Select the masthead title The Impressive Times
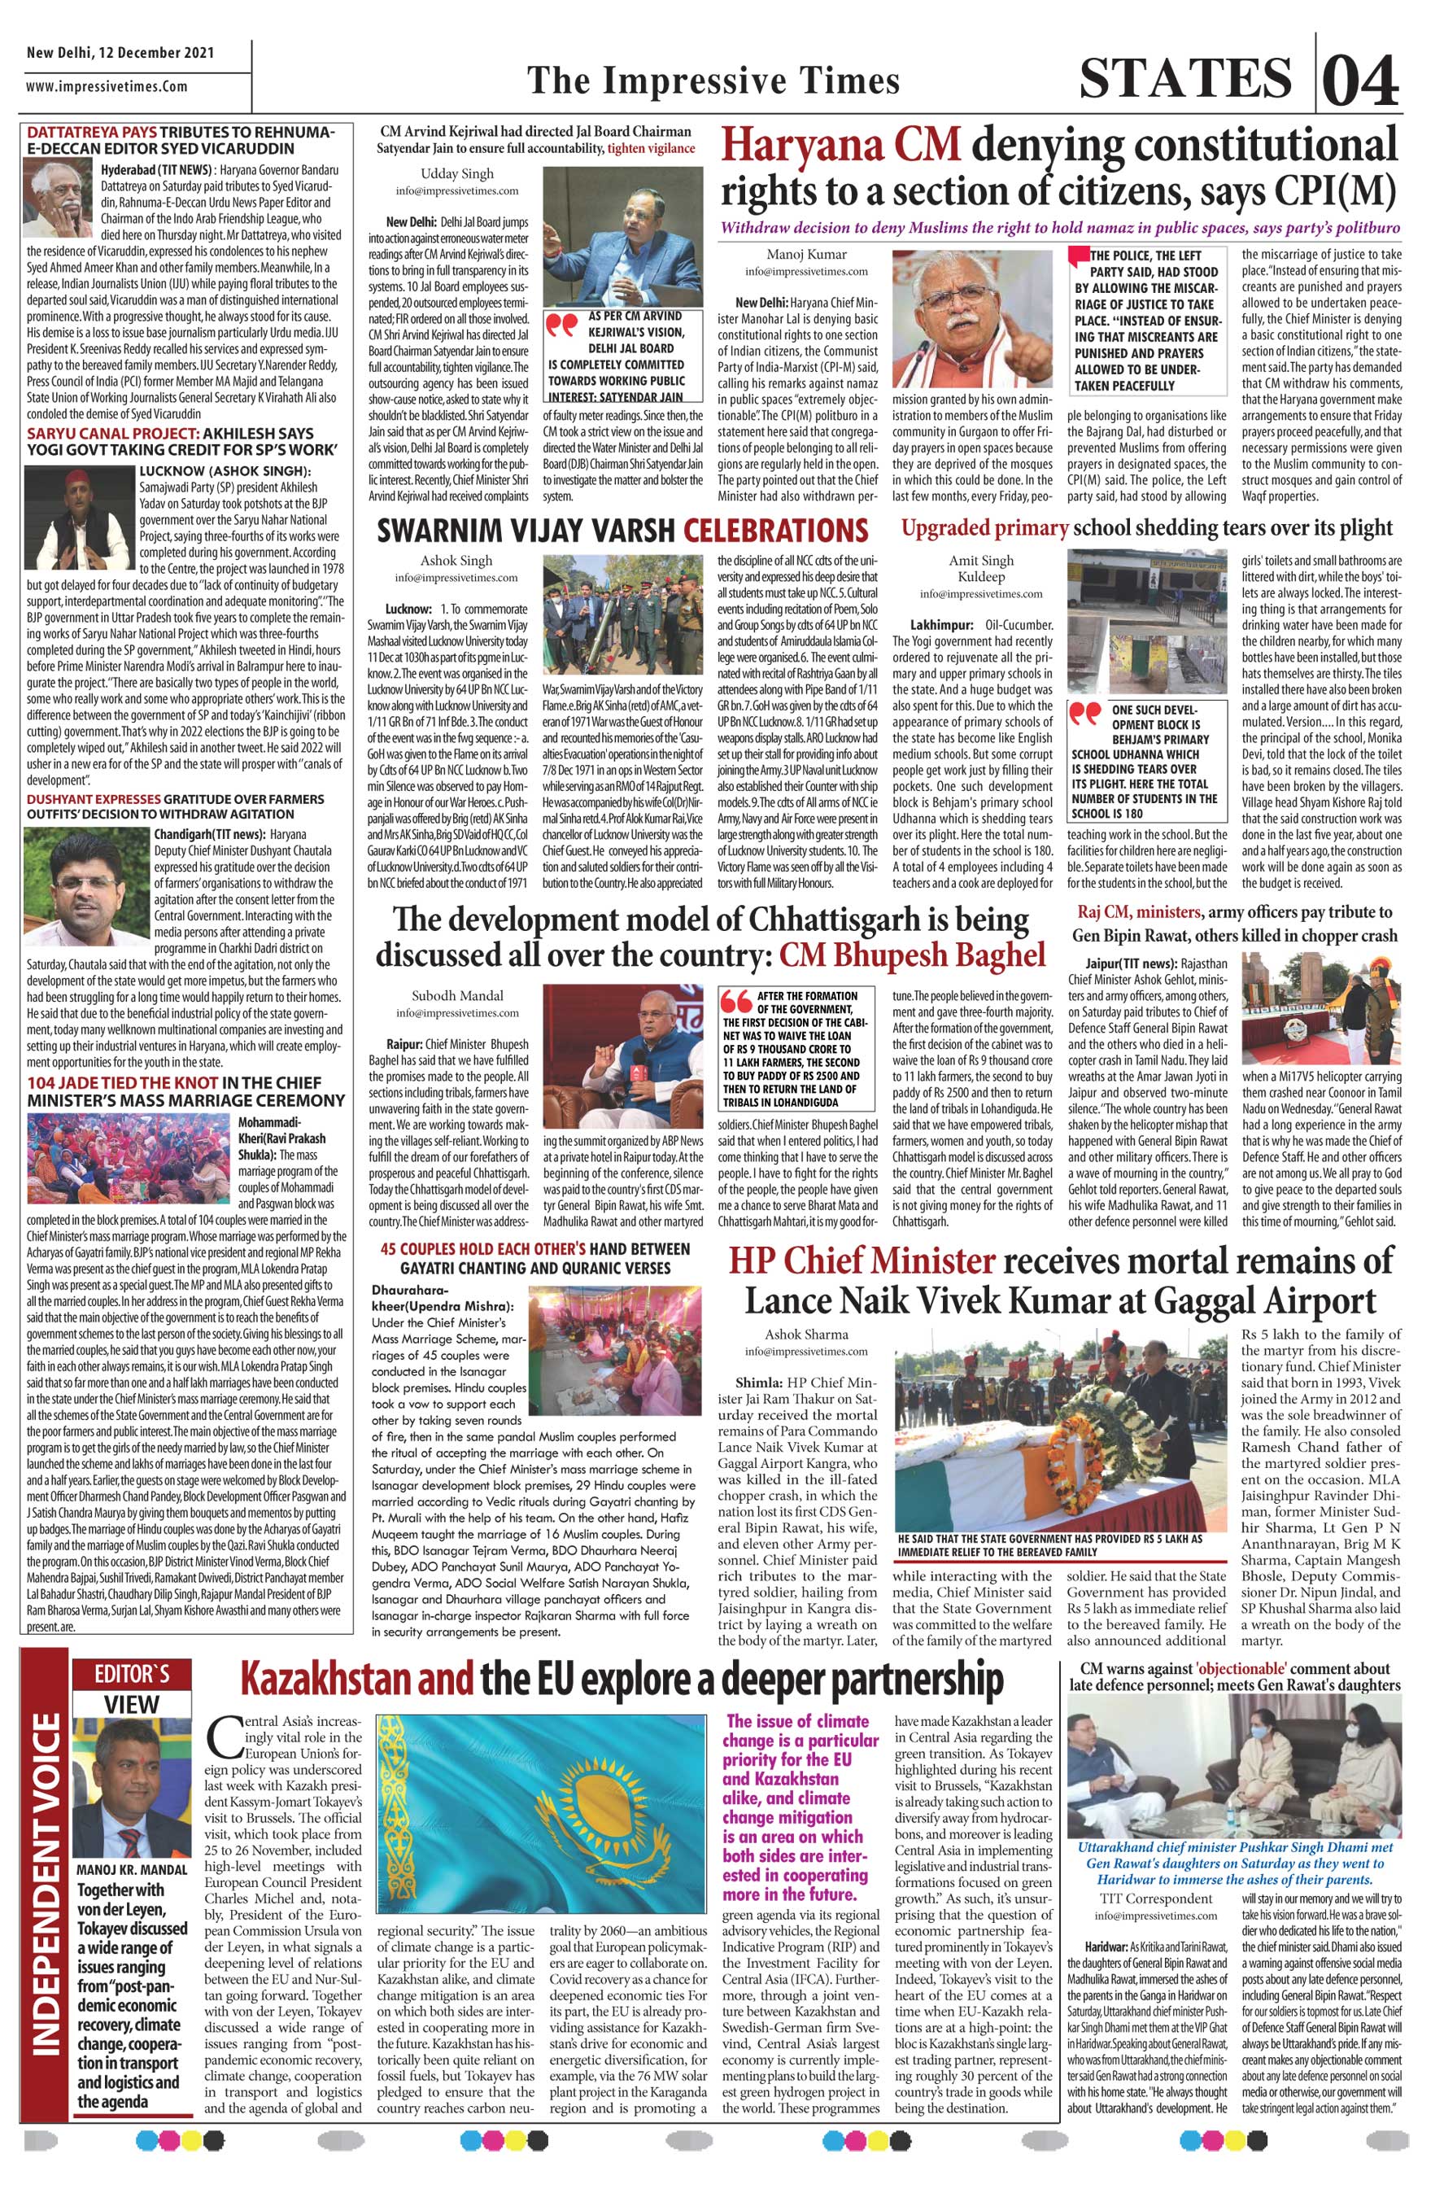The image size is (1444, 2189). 712,81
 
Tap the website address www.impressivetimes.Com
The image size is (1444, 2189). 107,86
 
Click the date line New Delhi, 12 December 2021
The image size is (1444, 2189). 120,53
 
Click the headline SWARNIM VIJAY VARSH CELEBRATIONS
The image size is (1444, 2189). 622,531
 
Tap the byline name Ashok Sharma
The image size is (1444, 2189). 806,1334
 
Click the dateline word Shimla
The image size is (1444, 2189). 758,1384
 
